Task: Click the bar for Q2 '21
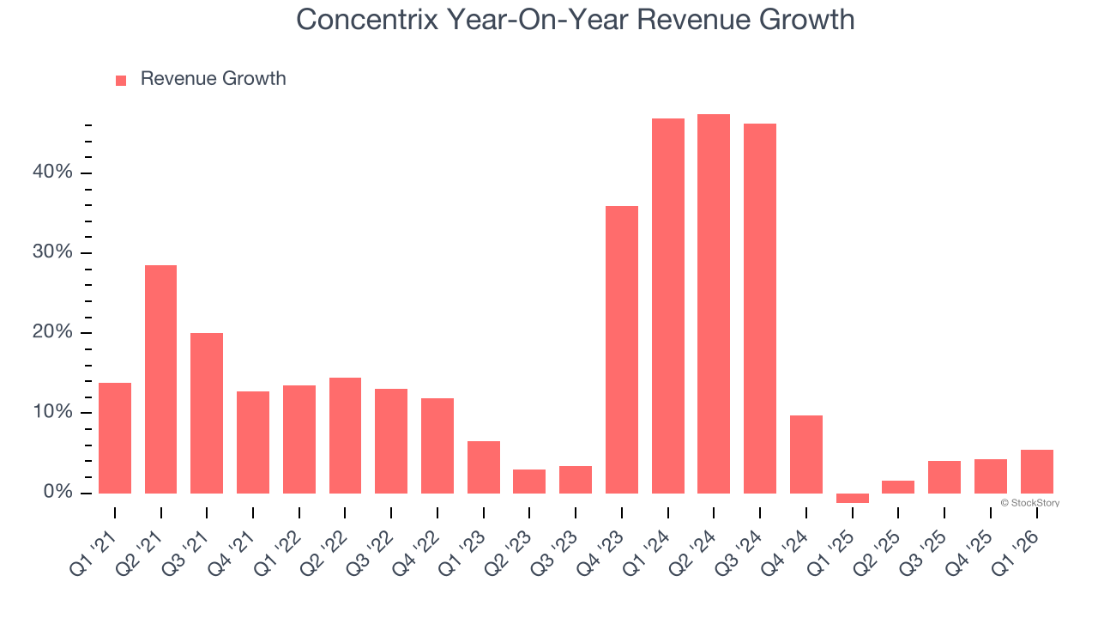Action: [x=160, y=379]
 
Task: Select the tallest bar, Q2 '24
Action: [x=714, y=304]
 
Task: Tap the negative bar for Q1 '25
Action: [x=852, y=498]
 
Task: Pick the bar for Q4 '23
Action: [x=621, y=349]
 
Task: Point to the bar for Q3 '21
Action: [x=207, y=413]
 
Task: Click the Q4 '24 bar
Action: [x=805, y=454]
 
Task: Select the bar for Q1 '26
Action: [x=1036, y=471]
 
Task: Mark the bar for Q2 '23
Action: [x=529, y=482]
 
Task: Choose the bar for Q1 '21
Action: [x=115, y=438]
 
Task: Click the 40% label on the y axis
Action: [x=52, y=173]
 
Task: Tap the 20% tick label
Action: [x=52, y=333]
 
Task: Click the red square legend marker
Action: [x=121, y=80]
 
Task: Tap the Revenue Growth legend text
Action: [x=213, y=79]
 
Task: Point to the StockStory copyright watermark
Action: [x=1029, y=503]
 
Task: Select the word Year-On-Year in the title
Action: [x=514, y=19]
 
